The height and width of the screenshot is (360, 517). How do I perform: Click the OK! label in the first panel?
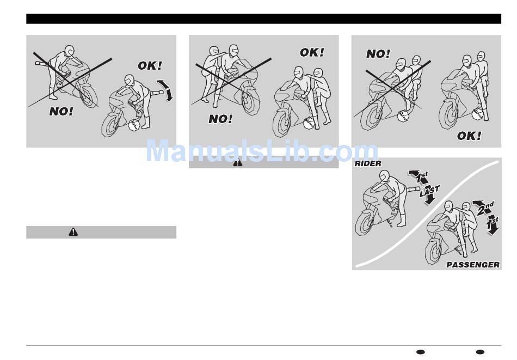(150, 66)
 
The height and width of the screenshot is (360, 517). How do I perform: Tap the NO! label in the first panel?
(61, 112)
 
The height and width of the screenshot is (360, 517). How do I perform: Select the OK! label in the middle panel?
(312, 52)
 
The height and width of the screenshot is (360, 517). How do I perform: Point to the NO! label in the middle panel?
(220, 119)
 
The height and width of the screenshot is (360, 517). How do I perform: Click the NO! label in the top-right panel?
(378, 54)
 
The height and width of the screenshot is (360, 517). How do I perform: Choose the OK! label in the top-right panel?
(469, 136)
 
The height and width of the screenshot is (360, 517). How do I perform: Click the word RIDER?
(368, 163)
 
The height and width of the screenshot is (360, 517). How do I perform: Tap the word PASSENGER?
(473, 265)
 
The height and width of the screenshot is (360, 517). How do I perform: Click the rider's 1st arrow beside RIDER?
(418, 177)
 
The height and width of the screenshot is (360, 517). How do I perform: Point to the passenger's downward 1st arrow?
(493, 225)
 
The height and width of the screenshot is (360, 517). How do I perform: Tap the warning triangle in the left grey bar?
(73, 232)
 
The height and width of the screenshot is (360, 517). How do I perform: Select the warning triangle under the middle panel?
(238, 162)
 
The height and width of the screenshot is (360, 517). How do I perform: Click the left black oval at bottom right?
(421, 352)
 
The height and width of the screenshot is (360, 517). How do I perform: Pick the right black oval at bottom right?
(481, 352)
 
